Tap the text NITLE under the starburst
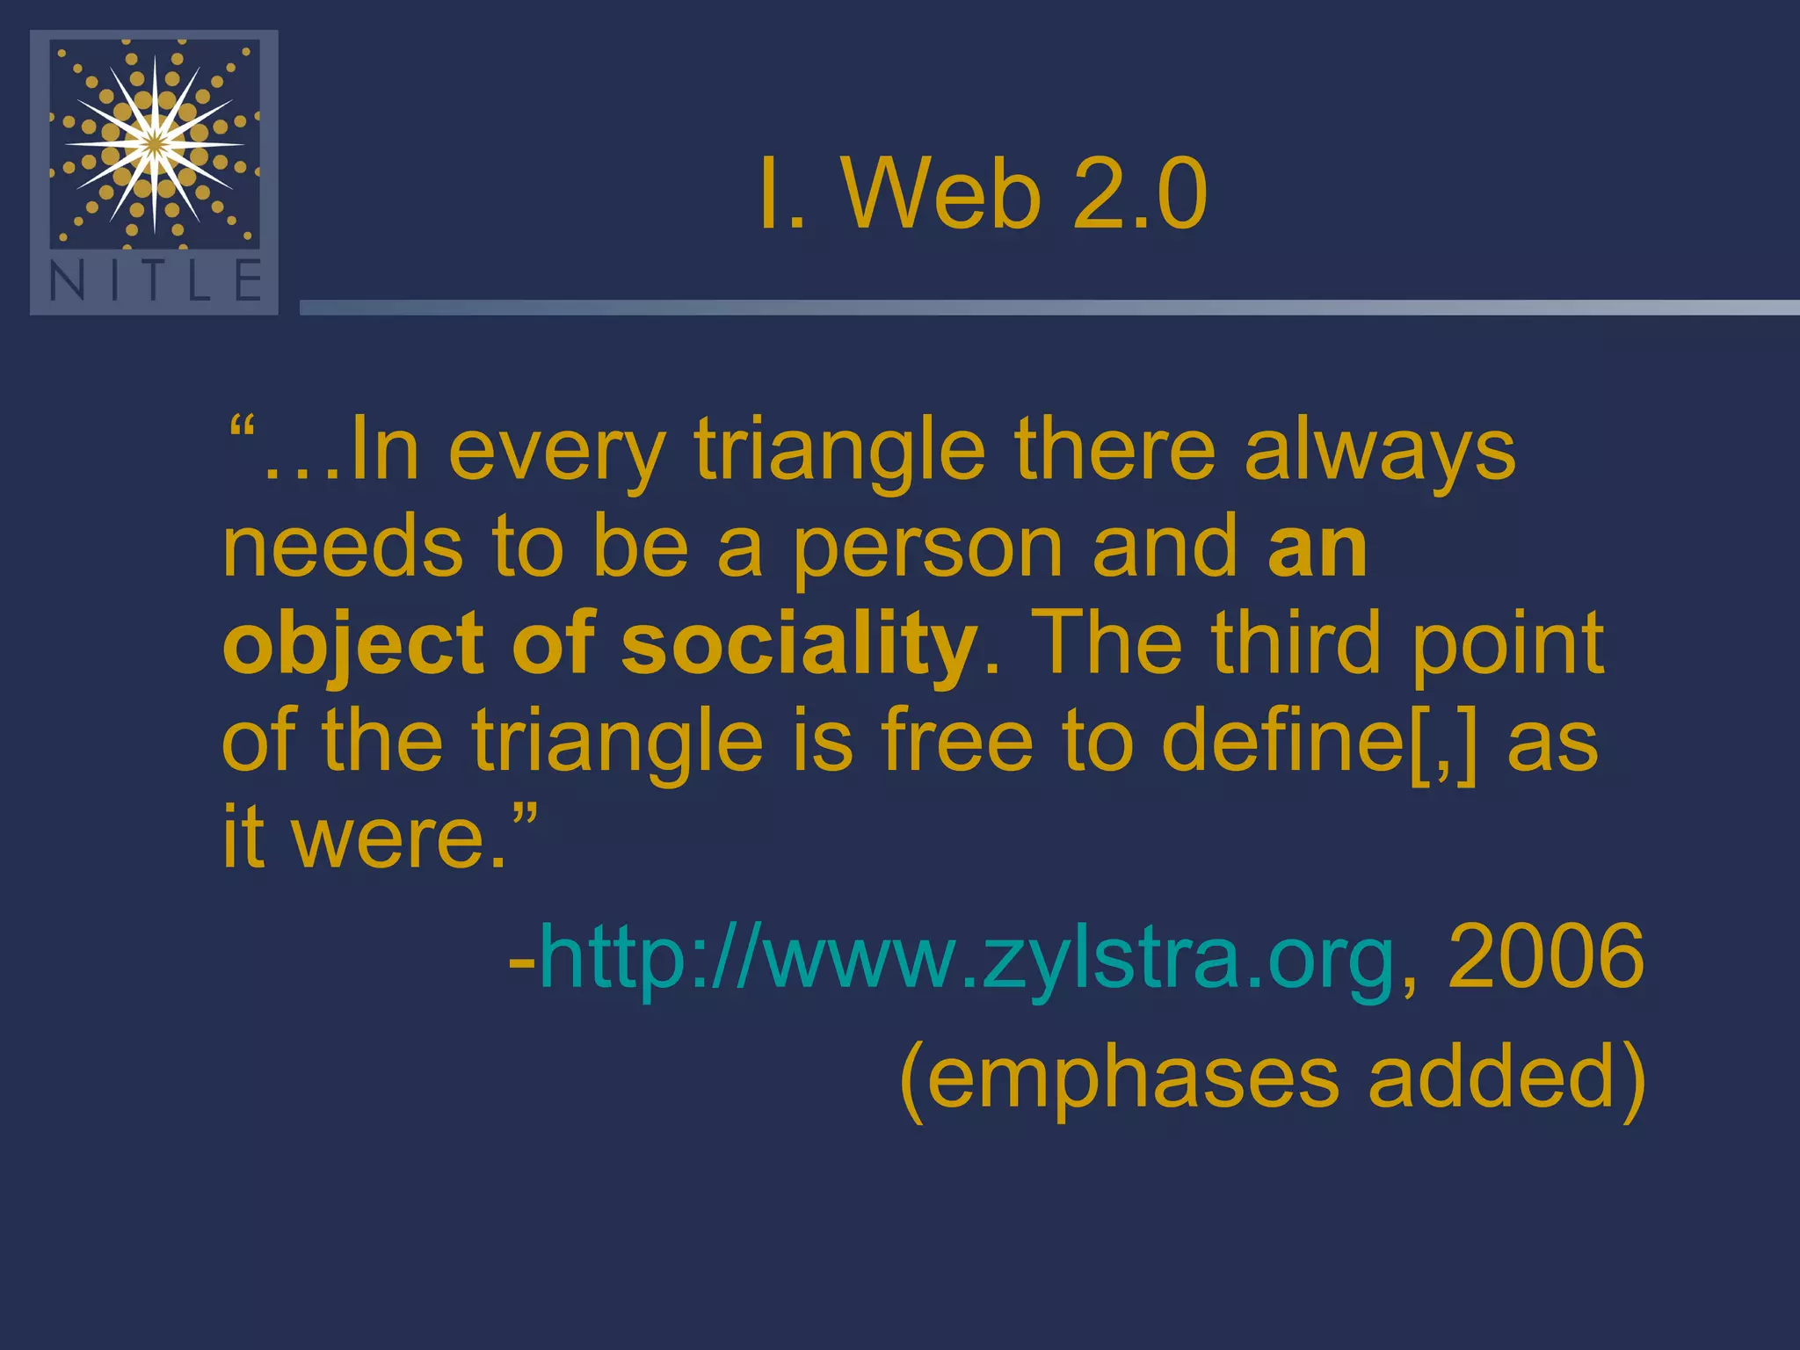coord(155,281)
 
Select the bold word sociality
coord(799,646)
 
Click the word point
coord(1508,646)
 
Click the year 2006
coord(1545,956)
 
